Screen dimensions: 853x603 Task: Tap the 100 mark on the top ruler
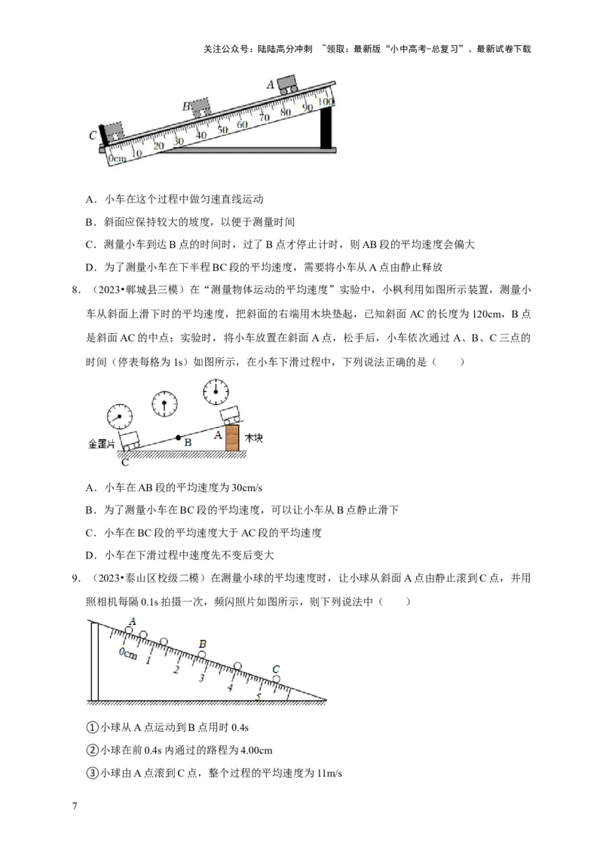pos(325,101)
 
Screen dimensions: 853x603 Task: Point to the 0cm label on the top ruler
pos(117,159)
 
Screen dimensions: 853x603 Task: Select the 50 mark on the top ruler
pos(222,130)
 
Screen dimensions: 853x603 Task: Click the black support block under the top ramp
pos(326,128)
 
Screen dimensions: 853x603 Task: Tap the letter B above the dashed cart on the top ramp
pos(186,106)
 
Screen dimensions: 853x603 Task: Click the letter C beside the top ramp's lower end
pos(92,136)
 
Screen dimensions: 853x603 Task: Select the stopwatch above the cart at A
pos(216,391)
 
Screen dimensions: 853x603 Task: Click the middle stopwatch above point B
pos(164,403)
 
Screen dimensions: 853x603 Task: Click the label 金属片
pos(102,445)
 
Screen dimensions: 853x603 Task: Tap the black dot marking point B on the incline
pos(178,437)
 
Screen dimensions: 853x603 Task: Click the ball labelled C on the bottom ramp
pos(276,679)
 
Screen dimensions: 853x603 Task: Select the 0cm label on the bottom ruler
pos(128,654)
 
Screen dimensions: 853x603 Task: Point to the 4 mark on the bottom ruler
pos(230,686)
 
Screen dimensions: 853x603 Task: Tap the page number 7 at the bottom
pos(74,806)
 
